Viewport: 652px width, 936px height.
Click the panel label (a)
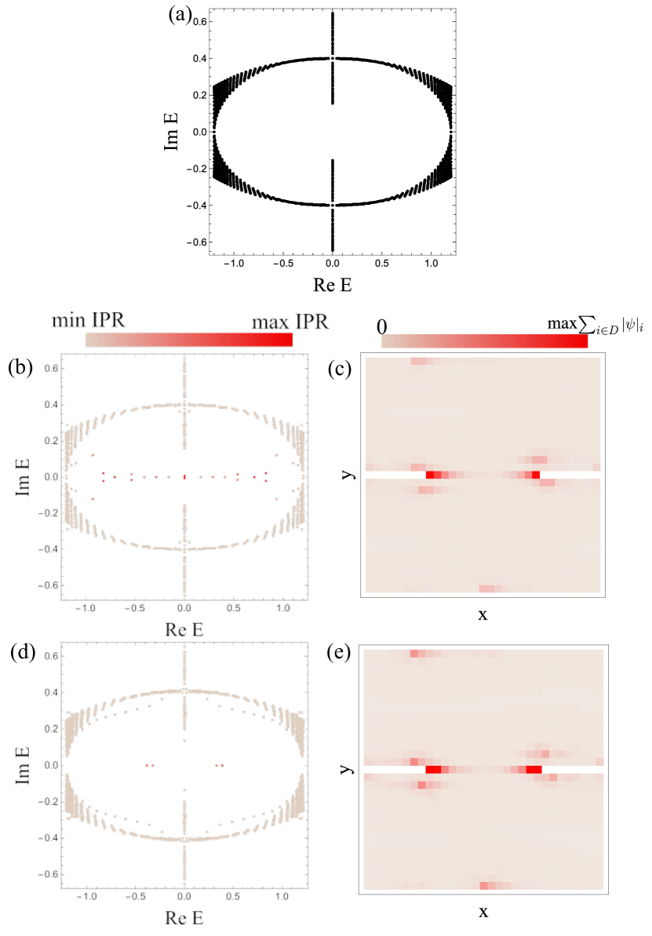click(180, 15)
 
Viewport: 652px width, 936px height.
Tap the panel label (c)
click(340, 369)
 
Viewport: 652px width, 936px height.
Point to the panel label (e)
click(339, 653)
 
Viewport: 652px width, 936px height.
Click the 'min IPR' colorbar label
click(89, 321)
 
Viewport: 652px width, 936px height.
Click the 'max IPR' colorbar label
click(290, 322)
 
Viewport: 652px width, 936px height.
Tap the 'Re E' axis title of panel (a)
click(333, 286)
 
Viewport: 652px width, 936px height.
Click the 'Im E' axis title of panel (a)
click(171, 132)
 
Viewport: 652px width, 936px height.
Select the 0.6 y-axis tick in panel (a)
click(199, 22)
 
